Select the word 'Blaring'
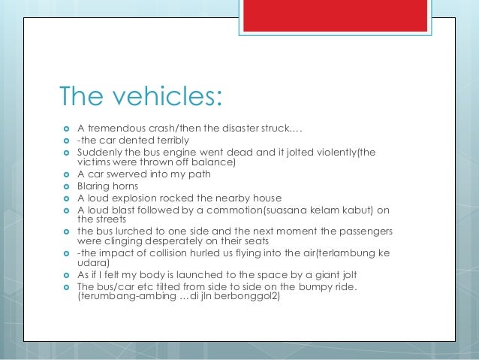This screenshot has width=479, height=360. tap(95, 186)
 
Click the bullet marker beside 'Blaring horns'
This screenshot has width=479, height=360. tap(66, 186)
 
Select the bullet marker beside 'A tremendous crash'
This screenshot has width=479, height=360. tap(66, 129)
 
